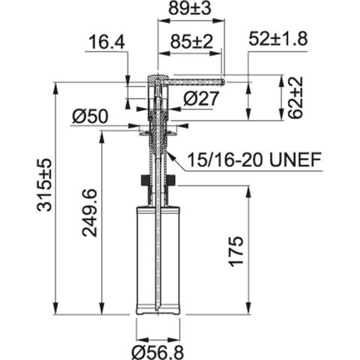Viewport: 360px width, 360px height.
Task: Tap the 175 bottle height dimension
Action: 235,253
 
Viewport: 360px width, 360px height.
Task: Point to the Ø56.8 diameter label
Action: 157,349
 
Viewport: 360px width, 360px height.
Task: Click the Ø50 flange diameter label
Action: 91,115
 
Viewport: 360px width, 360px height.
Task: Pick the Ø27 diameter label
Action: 199,97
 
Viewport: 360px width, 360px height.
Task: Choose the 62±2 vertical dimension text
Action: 295,97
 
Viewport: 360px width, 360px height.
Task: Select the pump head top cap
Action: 154,77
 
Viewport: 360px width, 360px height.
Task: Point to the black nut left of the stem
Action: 142,180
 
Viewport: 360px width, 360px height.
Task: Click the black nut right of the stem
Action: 172,180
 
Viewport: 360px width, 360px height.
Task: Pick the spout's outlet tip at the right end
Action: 222,77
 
